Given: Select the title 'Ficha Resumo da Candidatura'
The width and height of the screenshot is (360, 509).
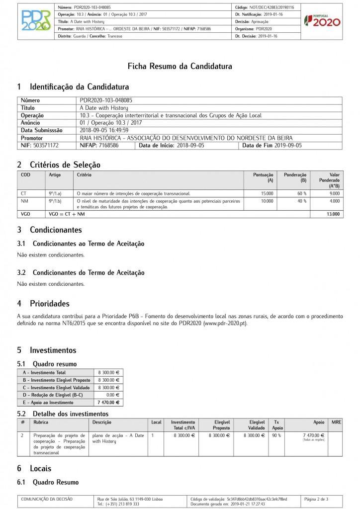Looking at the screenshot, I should point(180,66).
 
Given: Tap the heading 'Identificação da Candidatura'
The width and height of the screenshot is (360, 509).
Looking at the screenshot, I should point(79,87).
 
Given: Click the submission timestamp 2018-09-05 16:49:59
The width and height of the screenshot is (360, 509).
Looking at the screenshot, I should point(104,130).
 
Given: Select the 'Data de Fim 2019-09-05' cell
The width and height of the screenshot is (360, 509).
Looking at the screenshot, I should point(272,146).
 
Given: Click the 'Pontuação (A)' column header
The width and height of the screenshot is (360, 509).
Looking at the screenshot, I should point(264,177).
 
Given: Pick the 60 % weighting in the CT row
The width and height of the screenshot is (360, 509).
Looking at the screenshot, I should point(302,193).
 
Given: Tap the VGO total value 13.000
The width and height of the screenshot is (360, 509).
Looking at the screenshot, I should point(333,214).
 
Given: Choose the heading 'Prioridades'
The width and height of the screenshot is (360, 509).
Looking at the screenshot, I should point(49,303).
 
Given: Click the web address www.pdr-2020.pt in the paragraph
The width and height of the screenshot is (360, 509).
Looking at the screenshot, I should point(224,323).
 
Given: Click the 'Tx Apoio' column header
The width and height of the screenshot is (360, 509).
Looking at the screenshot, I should point(277,424).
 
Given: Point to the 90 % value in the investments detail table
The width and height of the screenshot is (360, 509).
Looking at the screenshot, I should point(276,435).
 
